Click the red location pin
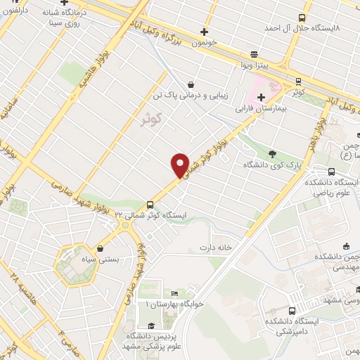coord(181,165)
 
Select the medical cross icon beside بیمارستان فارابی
coord(261,97)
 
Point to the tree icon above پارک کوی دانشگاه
coord(273,154)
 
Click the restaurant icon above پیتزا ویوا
coord(253,53)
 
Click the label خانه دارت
coord(215,247)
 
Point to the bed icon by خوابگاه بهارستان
coord(174,294)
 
